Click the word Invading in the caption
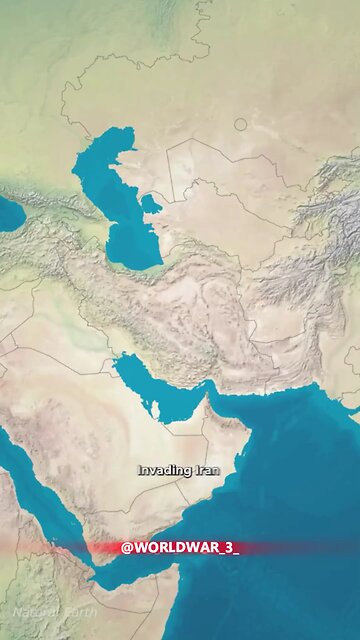click(x=158, y=469)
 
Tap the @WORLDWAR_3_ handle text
click(x=180, y=548)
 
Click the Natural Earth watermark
click(x=56, y=611)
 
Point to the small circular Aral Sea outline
click(x=240, y=124)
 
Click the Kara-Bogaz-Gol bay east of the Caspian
click(x=151, y=205)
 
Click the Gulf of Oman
click(x=240, y=405)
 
